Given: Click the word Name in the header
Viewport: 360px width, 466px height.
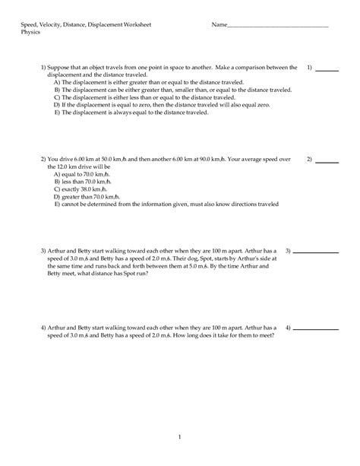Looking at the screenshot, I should (219, 26).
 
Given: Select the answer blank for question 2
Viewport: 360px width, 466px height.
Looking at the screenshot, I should (327, 162).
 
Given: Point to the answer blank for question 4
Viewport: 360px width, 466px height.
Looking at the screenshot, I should (315, 329).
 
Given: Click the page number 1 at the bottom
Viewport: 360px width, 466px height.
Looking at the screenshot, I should (180, 437).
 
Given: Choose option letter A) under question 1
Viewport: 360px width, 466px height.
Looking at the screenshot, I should (58, 82).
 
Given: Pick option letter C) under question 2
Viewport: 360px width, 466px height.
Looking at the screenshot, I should (58, 189).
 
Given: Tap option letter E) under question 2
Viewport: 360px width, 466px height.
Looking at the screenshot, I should (58, 204).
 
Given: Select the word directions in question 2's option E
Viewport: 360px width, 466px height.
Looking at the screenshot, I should (239, 204).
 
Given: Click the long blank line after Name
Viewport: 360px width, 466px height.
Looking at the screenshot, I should (277, 27).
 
